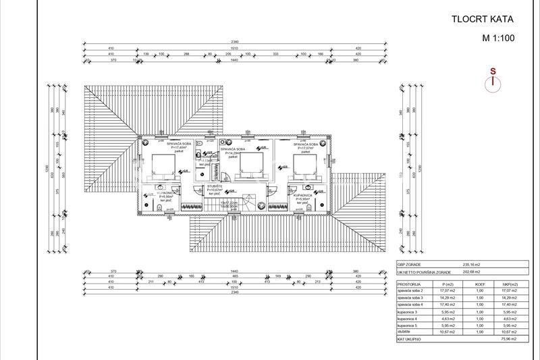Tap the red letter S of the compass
pyautogui.click(x=493, y=71)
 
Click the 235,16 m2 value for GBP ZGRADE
pyautogui.click(x=470, y=265)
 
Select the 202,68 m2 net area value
pyautogui.click(x=470, y=273)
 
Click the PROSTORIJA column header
pyautogui.click(x=408, y=285)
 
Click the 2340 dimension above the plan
pyautogui.click(x=235, y=42)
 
